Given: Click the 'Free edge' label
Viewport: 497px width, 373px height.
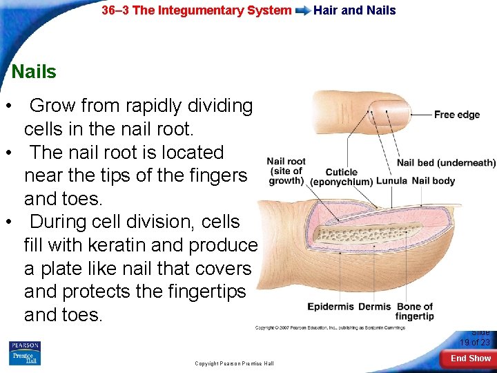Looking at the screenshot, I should [456, 115].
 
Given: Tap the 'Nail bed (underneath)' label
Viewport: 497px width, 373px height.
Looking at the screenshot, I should [446, 163].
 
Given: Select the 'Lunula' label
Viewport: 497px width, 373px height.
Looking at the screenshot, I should [391, 181].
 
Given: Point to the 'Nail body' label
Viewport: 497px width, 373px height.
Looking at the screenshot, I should [433, 181].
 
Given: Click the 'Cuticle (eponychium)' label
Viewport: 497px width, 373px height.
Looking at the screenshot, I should [342, 177].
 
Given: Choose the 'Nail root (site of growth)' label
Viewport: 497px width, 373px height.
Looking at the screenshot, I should [286, 171].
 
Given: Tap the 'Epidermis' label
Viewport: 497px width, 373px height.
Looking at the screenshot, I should [331, 307].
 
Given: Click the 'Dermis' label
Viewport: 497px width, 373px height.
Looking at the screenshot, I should [374, 307].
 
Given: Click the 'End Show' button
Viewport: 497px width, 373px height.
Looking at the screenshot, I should [471, 358].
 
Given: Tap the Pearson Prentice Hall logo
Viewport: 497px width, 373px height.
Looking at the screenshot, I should [25, 353].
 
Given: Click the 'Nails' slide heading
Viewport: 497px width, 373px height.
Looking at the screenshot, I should [35, 71].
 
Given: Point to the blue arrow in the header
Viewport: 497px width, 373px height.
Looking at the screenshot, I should [302, 10].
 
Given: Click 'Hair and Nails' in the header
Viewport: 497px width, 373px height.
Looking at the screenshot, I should [355, 10].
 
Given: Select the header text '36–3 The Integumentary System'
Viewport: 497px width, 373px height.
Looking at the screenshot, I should [197, 10].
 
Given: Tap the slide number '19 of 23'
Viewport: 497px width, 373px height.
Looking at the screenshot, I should [475, 343].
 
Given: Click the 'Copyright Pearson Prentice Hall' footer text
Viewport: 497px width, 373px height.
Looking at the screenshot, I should [234, 363].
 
